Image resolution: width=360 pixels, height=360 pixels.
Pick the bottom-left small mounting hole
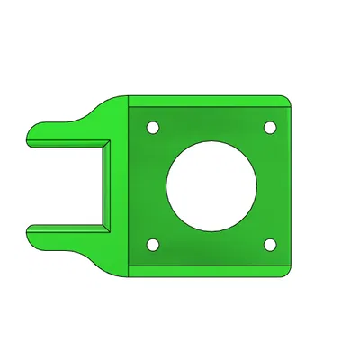click(x=153, y=245)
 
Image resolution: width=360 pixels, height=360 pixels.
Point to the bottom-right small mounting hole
click(x=270, y=245)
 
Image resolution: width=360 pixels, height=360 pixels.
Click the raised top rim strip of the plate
click(x=207, y=102)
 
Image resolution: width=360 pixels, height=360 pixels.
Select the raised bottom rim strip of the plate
click(x=207, y=267)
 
